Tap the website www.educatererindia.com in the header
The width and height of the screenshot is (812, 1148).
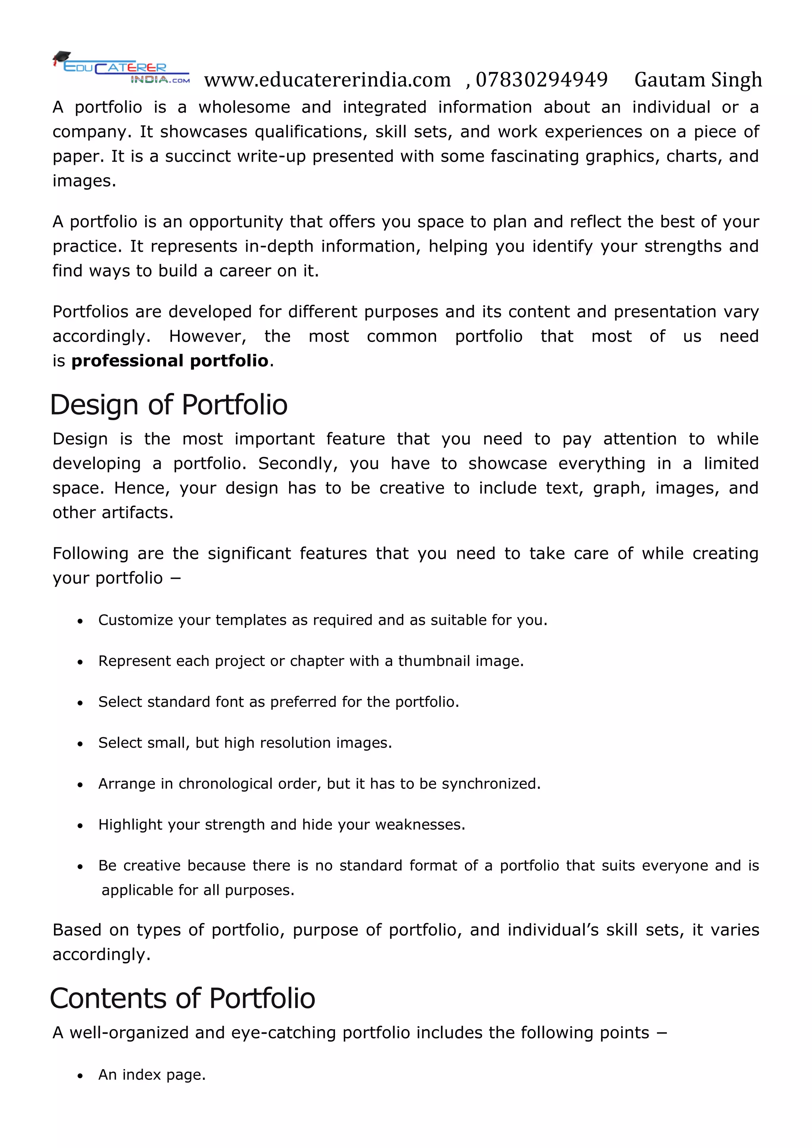pyautogui.click(x=327, y=80)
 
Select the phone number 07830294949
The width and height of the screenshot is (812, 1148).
pyautogui.click(x=542, y=80)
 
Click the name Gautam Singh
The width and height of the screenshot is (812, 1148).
pyautogui.click(x=698, y=80)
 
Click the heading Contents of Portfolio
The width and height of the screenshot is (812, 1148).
pyautogui.click(x=182, y=998)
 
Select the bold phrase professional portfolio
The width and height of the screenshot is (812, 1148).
pyautogui.click(x=170, y=360)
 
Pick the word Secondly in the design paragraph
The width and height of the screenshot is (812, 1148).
pyautogui.click(x=297, y=463)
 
